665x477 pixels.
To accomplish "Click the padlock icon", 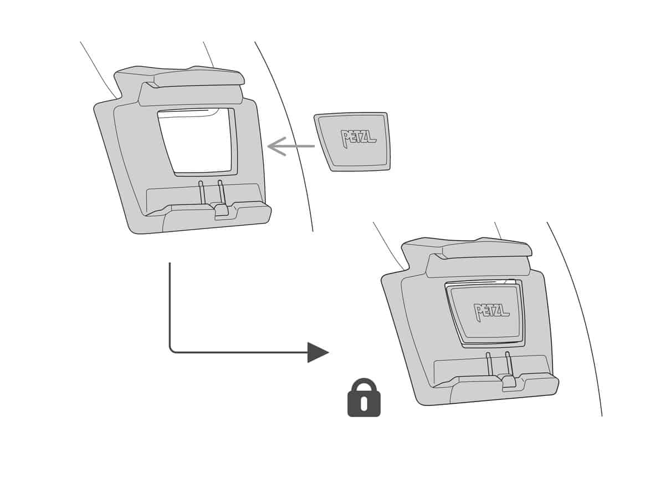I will point(364,398).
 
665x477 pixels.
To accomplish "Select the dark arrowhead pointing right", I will point(318,352).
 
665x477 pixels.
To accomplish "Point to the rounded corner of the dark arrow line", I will point(172,349).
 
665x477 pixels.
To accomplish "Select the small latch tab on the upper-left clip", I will point(221,210).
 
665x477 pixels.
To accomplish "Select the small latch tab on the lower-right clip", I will point(509,382).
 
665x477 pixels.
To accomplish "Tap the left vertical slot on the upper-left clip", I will point(202,192).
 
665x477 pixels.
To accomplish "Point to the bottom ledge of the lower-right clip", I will point(499,392).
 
